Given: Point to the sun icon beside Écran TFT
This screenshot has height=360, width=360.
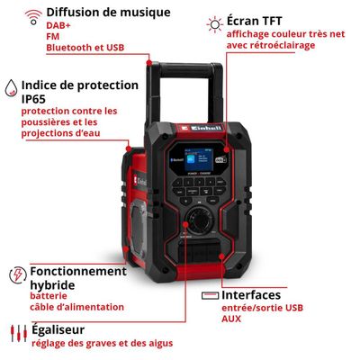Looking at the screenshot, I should [215, 22].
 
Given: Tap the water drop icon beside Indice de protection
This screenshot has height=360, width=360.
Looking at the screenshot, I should [9, 87].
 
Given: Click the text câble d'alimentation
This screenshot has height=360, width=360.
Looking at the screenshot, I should [76, 307].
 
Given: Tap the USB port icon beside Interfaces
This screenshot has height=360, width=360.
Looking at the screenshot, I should [208, 295].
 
